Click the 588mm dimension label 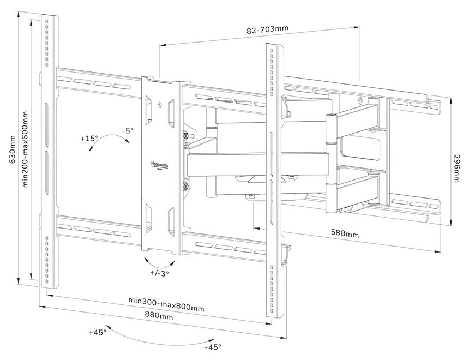(x=345, y=233)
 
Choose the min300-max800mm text (x=166, y=304)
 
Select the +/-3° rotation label (x=159, y=273)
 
